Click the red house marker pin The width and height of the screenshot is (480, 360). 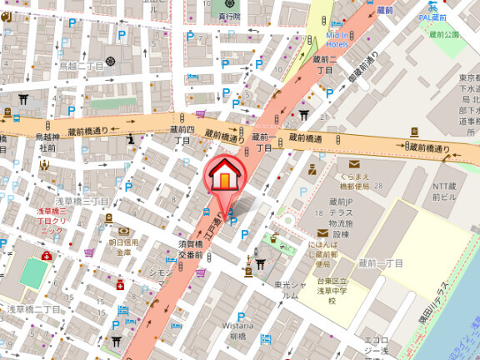click(226, 175)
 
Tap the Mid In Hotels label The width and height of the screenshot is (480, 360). click(337, 39)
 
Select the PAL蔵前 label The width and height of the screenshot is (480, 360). click(432, 16)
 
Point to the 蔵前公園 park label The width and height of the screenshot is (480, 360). click(445, 35)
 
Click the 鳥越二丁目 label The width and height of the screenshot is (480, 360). click(81, 66)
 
